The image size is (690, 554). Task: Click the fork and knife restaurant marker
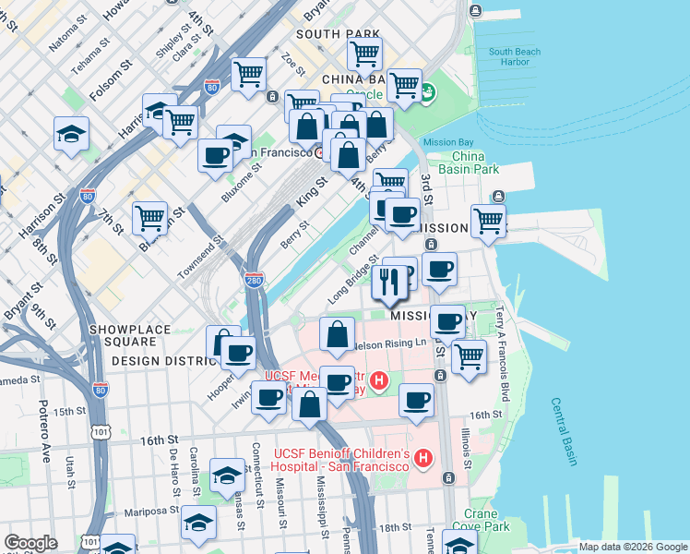click(x=388, y=282)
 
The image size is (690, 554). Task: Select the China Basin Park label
click(x=476, y=163)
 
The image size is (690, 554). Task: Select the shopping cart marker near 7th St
click(x=149, y=219)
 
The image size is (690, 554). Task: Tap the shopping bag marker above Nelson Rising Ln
click(x=338, y=333)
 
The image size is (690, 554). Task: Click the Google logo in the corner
click(x=30, y=543)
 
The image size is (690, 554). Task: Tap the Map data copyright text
click(x=632, y=547)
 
